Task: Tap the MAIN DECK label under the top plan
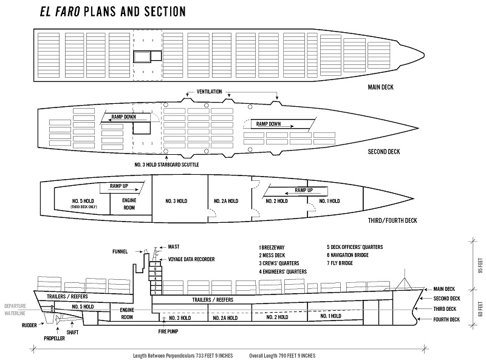pyautogui.click(x=381, y=87)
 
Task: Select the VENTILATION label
pyautogui.click(x=213, y=91)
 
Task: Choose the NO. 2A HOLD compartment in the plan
pyautogui.click(x=226, y=201)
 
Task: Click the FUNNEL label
pyautogui.click(x=122, y=251)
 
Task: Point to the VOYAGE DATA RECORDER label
pyautogui.click(x=191, y=259)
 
